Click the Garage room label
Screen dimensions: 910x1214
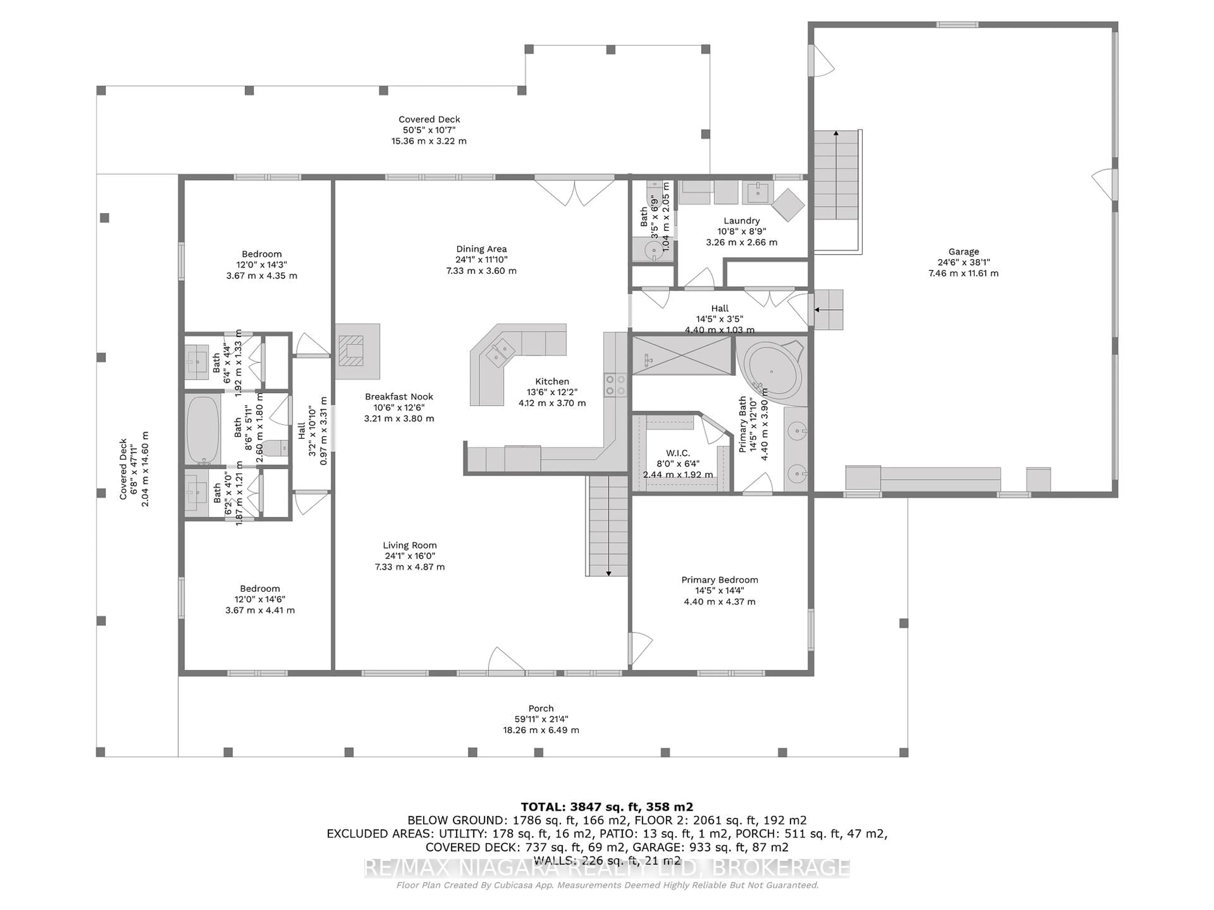(963, 252)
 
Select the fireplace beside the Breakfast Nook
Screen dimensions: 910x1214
(357, 351)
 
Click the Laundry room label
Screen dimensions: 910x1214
(741, 221)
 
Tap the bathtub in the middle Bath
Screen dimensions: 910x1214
(203, 429)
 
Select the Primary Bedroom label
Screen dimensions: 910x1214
(720, 580)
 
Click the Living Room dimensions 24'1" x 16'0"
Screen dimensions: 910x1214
(410, 556)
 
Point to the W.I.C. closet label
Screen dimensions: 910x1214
(678, 453)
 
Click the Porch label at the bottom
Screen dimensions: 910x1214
(541, 708)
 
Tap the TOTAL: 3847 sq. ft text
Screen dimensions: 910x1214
(606, 807)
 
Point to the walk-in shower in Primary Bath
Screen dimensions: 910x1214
(682, 355)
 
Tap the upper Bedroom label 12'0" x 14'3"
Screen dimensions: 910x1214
(262, 254)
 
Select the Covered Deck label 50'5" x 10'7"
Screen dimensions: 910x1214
(429, 119)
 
